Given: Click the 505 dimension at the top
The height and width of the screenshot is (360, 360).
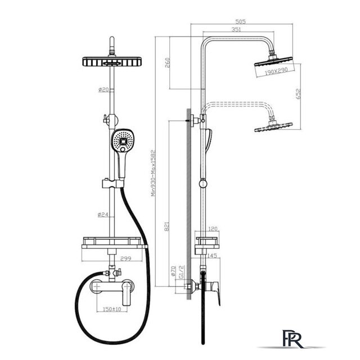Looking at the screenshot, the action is coord(240,21).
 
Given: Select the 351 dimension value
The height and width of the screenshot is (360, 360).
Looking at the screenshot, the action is coord(236,29).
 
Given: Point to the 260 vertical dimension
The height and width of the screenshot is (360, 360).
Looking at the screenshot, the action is coord(168,62).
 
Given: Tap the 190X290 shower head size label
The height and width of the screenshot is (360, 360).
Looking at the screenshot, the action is coord(276,71).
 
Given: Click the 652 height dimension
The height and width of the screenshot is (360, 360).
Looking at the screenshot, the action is coord(298,94).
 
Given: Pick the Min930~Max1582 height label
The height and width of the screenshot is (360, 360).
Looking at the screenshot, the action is coord(154,173).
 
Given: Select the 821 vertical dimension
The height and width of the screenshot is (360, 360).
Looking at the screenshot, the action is coord(167,226).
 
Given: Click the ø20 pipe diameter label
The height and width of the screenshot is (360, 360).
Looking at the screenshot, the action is coord(103,89).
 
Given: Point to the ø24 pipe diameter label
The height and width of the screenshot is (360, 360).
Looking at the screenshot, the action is coord(103,214).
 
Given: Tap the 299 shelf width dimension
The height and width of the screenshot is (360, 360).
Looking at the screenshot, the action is coord(126,259).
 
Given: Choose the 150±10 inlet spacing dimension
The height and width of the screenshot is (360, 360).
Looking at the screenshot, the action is coord(112,309).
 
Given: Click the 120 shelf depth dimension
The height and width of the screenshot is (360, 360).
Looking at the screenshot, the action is coord(213,229).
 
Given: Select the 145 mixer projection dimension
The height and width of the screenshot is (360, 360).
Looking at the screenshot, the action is coord(211,255).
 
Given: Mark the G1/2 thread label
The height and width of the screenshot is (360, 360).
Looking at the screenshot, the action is coord(182,272).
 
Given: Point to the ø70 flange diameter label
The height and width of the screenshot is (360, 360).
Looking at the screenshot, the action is coord(174,271).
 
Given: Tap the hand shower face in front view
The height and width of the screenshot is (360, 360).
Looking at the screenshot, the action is coord(122,141).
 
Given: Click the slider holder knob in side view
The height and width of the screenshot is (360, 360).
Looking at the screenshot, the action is coord(203,183).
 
